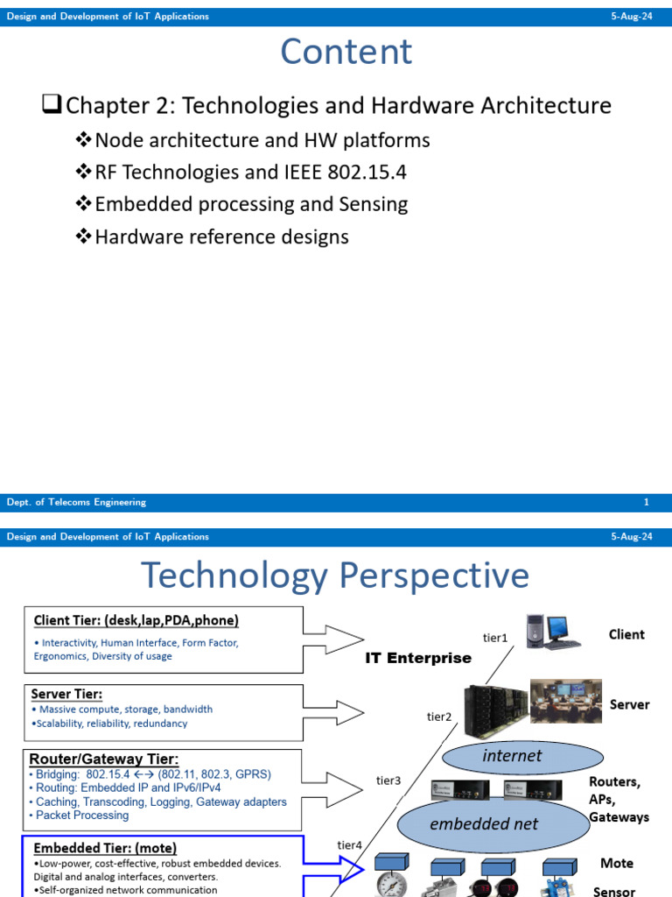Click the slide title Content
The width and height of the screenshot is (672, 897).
point(346,52)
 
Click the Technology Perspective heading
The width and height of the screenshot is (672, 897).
point(335,576)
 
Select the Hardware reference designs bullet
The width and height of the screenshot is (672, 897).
point(221,237)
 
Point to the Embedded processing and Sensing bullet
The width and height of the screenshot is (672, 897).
point(251,204)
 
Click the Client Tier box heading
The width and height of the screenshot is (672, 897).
point(136,620)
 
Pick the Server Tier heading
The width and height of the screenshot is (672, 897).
point(66,694)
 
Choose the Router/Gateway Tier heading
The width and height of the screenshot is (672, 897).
point(104,759)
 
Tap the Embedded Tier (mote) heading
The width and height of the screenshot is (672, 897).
point(105,848)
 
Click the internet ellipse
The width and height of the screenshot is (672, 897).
point(513,755)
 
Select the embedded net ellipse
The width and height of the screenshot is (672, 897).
point(484,823)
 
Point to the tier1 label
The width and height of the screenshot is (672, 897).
point(495,639)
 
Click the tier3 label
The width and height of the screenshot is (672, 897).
point(388,780)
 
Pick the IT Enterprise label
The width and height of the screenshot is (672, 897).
point(418,658)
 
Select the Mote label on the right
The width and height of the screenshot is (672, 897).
point(616,863)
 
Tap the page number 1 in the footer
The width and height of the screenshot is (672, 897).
point(646,503)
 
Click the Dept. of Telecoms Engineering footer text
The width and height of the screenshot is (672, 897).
point(76,503)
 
